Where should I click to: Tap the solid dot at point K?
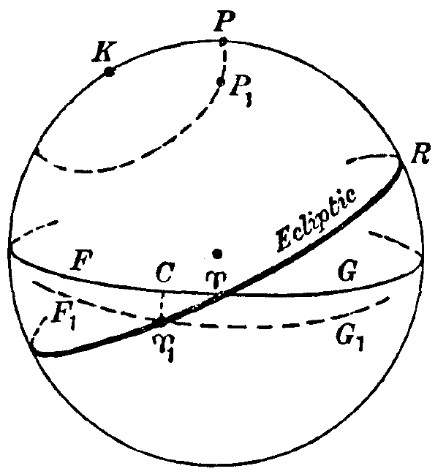click(109, 72)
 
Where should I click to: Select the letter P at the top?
click(224, 22)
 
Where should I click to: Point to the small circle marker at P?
click(223, 41)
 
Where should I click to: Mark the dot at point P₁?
click(221, 81)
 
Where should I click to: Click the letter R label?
click(420, 154)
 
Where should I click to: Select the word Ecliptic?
click(316, 219)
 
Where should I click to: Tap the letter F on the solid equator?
click(82, 260)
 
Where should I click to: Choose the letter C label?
click(165, 272)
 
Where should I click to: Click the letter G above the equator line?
click(347, 270)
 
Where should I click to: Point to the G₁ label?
click(349, 339)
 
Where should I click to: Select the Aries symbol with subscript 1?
click(164, 347)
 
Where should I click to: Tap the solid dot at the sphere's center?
click(217, 254)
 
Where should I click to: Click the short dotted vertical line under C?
click(162, 304)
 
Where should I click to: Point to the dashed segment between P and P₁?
click(224, 61)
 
